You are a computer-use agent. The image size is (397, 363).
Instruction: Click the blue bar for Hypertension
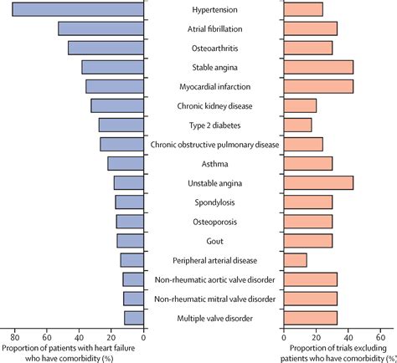(x=78, y=9)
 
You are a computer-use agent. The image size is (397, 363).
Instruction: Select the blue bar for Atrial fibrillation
(x=101, y=28)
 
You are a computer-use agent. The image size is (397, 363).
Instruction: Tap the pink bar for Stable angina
(x=319, y=67)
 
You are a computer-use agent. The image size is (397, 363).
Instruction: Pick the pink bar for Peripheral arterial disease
(x=296, y=260)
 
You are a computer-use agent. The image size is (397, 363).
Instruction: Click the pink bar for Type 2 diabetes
(x=298, y=125)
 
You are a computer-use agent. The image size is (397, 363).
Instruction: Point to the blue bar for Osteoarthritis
(x=106, y=48)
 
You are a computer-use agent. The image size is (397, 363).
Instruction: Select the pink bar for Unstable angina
(x=319, y=182)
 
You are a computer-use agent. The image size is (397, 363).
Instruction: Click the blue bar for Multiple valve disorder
(x=134, y=318)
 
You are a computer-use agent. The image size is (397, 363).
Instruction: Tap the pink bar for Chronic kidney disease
(x=301, y=105)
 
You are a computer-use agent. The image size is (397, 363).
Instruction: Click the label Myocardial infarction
(x=214, y=86)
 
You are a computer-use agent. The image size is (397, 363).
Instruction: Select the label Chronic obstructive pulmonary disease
(x=214, y=145)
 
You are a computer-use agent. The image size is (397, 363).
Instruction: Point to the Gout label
(x=214, y=241)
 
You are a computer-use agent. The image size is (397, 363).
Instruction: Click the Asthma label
(x=214, y=164)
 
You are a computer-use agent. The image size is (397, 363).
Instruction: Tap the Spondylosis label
(x=214, y=202)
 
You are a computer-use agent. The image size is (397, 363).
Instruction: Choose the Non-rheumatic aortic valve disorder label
(x=214, y=279)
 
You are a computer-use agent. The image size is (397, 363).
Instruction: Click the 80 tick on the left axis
(x=14, y=336)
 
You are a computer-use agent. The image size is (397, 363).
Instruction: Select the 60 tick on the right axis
(x=380, y=336)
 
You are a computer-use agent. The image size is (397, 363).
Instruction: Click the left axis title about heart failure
(x=71, y=352)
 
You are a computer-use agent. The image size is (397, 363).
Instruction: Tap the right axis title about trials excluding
(x=339, y=352)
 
